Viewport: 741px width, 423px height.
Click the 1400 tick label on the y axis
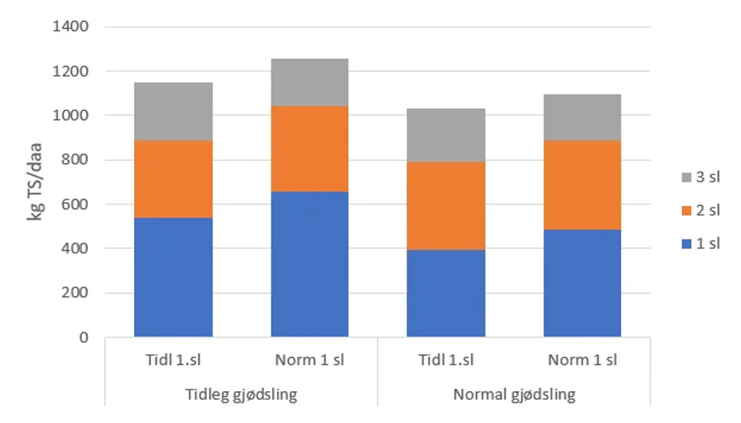point(71,27)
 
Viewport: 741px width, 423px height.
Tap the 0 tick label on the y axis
point(84,338)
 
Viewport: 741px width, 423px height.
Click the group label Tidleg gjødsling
point(240,394)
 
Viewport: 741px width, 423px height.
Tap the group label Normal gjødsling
point(513,394)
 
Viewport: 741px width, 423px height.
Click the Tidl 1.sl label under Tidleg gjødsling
point(173,360)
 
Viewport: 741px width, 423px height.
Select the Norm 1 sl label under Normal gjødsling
point(582,360)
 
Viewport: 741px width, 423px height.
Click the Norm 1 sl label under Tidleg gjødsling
point(309,360)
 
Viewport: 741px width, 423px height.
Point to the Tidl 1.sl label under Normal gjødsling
point(446,360)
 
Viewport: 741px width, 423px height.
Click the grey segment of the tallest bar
point(309,82)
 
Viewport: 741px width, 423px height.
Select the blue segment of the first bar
point(173,277)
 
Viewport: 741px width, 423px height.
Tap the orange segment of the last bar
point(582,185)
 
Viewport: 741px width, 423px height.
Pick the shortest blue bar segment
point(446,294)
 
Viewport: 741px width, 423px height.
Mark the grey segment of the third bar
point(446,135)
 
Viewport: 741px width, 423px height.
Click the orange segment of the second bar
point(309,148)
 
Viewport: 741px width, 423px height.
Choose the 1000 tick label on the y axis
point(71,116)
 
